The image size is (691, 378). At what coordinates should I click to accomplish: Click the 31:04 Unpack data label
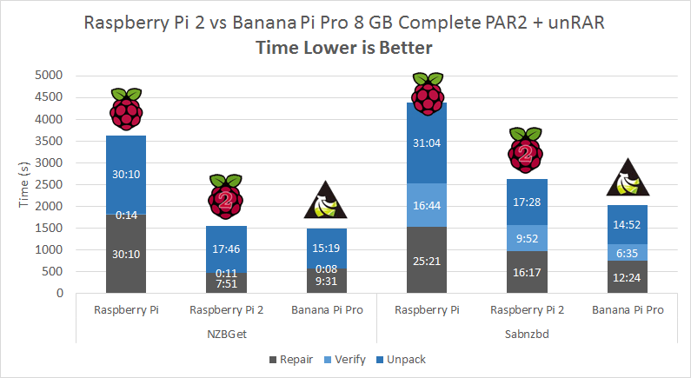click(427, 144)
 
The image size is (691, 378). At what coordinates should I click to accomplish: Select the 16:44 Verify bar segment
click(427, 205)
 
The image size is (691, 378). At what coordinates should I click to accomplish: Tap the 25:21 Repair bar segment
click(427, 260)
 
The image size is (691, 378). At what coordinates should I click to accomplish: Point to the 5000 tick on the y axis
click(50, 75)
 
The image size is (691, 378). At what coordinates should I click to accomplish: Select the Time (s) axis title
click(25, 184)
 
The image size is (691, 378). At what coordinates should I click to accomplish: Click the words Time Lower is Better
click(345, 48)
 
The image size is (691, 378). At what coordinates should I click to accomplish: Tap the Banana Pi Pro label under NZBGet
click(328, 309)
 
